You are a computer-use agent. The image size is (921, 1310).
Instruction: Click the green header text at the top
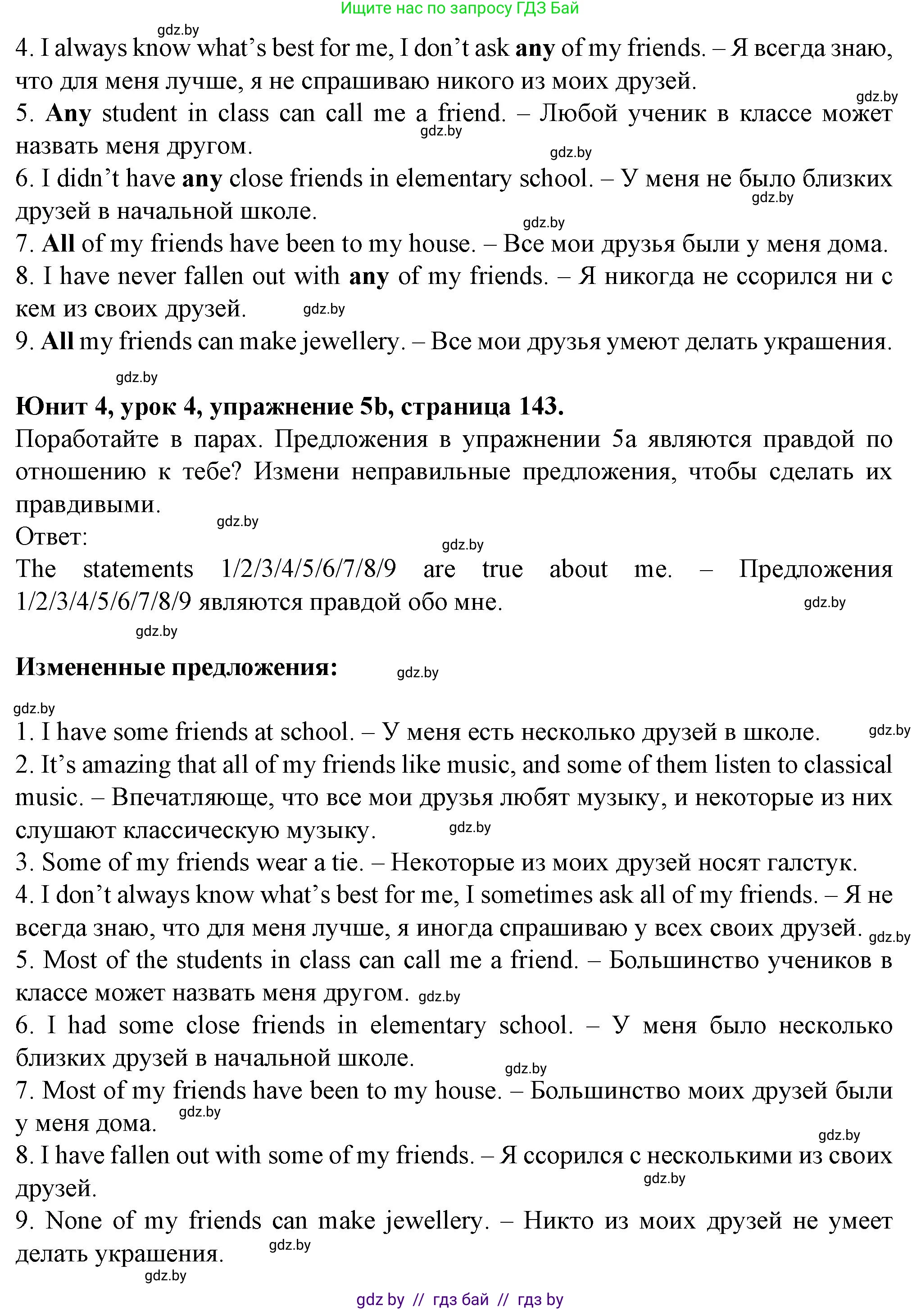pos(460,8)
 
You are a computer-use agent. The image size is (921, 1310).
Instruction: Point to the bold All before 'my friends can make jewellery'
pos(57,342)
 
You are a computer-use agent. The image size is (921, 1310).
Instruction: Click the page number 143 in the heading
pos(540,407)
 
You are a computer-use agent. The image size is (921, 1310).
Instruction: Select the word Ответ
pos(51,537)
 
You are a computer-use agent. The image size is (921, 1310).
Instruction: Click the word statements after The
pos(138,569)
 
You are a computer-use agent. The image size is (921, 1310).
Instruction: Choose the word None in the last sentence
pos(73,1221)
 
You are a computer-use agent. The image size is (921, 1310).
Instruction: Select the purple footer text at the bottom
pos(460,1300)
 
